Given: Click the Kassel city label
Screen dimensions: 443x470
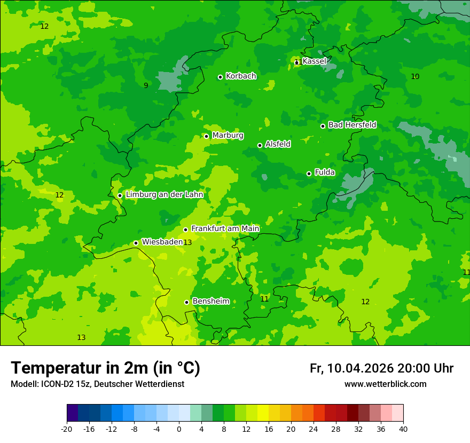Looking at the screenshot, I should (x=314, y=61).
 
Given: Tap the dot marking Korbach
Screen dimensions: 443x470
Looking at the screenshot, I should (x=220, y=77).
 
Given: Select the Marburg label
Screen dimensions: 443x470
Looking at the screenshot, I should (x=228, y=136).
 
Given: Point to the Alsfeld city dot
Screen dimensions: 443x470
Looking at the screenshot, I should (x=260, y=145).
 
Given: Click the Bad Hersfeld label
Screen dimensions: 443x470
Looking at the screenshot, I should (x=352, y=125).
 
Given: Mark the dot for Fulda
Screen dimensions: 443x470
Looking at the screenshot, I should (x=309, y=173).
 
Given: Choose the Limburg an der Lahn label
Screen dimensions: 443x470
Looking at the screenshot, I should (x=164, y=195).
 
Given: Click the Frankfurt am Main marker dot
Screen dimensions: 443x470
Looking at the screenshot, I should (x=186, y=230).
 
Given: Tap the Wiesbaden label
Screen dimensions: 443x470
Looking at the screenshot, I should (x=162, y=242).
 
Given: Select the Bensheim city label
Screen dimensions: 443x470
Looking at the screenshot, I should (x=210, y=302).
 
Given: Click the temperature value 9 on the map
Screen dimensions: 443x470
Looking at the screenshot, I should (x=146, y=85).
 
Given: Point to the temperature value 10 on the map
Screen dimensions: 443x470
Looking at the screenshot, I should (x=415, y=77).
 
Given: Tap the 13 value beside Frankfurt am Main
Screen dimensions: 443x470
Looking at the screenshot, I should (x=187, y=243).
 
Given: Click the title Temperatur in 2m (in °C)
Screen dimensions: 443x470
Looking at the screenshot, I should (x=105, y=368).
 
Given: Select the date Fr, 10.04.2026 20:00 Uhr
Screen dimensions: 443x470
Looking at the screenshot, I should (x=381, y=368).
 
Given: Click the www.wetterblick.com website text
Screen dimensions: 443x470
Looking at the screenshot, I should (x=385, y=384).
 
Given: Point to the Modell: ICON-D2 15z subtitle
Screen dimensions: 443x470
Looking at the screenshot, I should (x=97, y=384).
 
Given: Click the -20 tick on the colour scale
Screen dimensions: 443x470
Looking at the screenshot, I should (x=67, y=429).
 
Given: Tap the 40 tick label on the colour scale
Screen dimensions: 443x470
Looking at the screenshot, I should (x=403, y=429).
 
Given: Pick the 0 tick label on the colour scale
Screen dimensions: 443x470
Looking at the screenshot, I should (x=179, y=429).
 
